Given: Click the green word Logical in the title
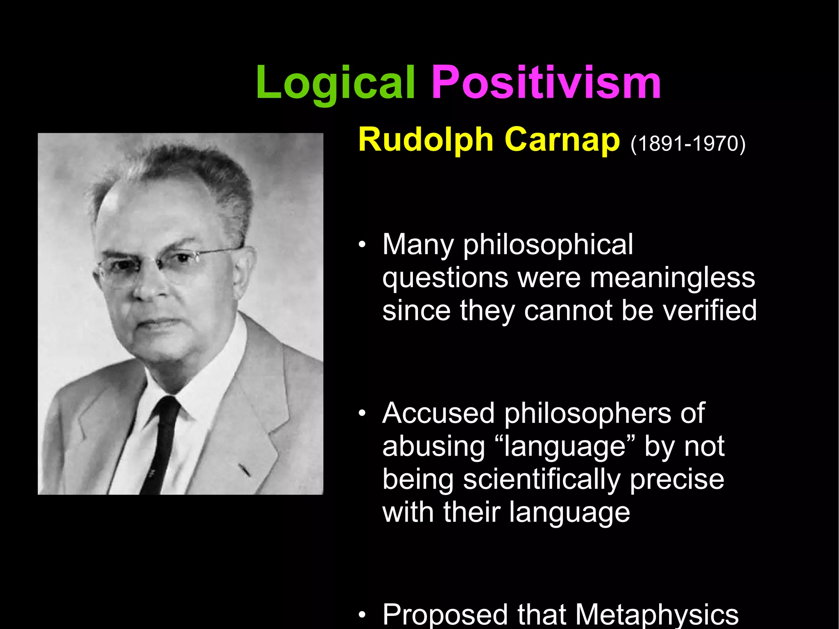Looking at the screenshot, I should [335, 84].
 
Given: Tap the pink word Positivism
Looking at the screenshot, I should [546, 83].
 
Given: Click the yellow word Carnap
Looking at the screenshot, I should [562, 140].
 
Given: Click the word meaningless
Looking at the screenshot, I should [672, 278].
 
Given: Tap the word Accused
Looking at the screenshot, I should [438, 413].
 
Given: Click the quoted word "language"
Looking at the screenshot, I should [565, 447].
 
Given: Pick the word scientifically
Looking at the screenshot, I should [542, 480].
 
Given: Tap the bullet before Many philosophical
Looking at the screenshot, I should [361, 246].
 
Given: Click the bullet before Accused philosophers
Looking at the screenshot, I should [361, 414].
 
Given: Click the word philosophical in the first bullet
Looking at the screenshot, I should [548, 245].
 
